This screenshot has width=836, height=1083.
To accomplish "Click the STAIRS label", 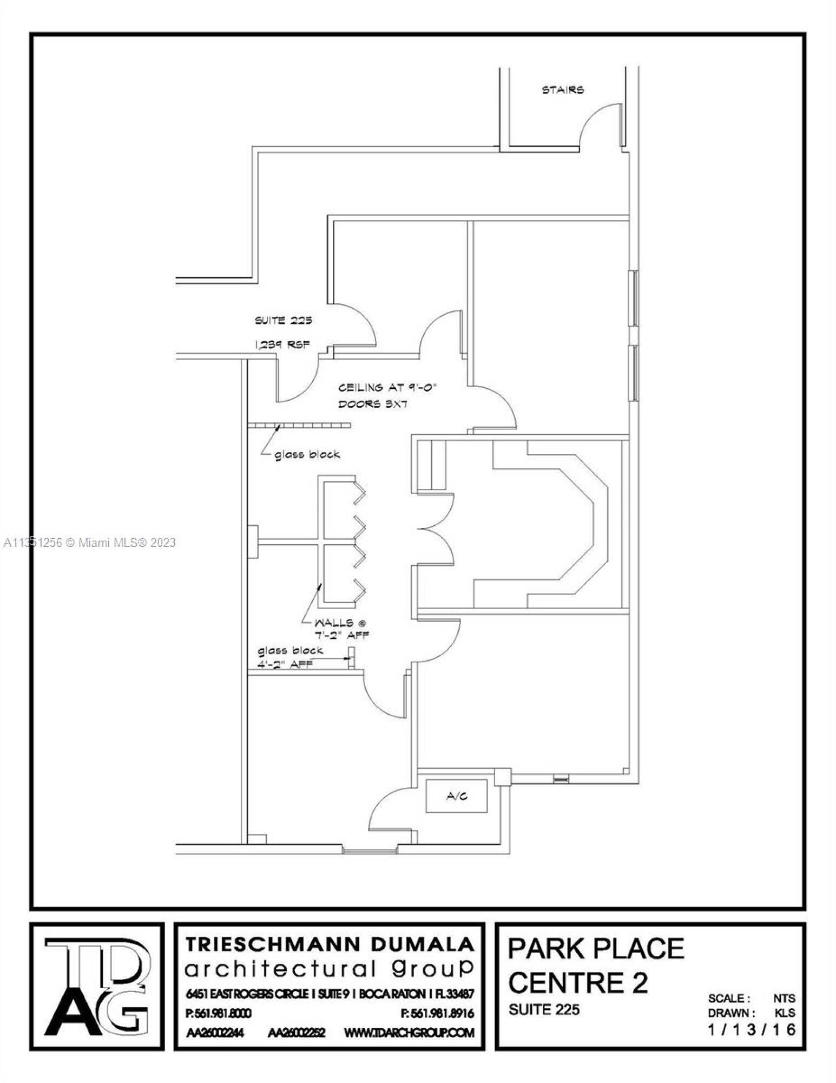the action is point(563,90).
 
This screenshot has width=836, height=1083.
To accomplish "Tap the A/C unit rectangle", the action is point(456,795).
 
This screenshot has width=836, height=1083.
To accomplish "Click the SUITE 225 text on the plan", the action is point(284,320).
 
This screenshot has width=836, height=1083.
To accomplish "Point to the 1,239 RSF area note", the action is point(282,344).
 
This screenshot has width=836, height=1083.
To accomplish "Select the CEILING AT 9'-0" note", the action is point(387,388).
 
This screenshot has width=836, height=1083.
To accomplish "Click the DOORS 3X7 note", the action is point(373,404).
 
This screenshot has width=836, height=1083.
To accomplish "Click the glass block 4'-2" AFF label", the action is point(291,657).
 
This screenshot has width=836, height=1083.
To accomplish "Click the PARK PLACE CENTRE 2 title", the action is point(596,965).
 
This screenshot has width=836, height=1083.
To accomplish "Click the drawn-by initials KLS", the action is point(785,1013).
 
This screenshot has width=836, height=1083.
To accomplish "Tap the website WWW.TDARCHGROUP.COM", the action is point(409,1033).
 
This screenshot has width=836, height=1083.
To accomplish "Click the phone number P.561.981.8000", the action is point(218,1013).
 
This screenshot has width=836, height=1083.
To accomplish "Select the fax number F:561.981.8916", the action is point(442,1013).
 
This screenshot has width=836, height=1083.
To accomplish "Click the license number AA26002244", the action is point(214,1033).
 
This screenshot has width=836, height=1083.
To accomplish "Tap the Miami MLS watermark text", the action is point(89,542).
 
